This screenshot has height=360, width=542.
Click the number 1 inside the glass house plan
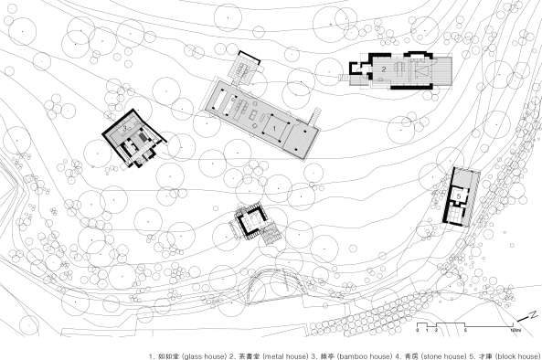[x=274, y=128]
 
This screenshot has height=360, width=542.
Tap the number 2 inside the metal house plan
[x=385, y=69]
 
